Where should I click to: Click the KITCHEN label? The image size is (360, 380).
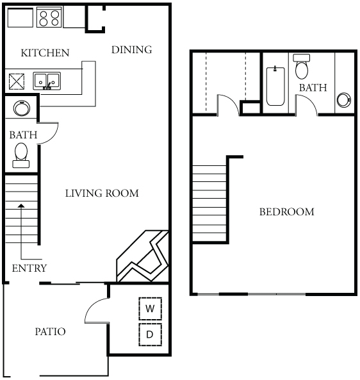[x=45, y=53]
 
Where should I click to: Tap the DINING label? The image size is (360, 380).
[x=132, y=50]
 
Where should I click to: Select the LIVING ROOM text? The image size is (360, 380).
[x=102, y=194]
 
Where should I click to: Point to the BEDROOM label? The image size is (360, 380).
[x=287, y=212]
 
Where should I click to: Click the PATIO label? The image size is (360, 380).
[x=51, y=331]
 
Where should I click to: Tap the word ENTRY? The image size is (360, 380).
[x=29, y=268]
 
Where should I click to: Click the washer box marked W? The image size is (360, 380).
[x=150, y=308]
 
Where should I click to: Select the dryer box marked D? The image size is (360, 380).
[x=150, y=335]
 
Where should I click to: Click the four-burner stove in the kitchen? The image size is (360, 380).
[x=49, y=17]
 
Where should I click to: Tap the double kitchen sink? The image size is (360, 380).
[x=47, y=81]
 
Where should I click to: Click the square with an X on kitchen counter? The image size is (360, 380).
[x=17, y=81]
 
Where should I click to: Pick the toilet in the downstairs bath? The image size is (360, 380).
[x=21, y=155]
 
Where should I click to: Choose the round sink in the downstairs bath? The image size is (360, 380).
[x=22, y=108]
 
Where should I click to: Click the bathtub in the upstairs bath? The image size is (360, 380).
[x=275, y=86]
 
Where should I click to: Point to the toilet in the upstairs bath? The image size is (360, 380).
[x=302, y=67]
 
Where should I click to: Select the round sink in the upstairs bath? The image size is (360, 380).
[x=344, y=99]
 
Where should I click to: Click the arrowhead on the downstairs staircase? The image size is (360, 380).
[x=22, y=206]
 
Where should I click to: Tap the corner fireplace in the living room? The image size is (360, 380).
[x=143, y=256]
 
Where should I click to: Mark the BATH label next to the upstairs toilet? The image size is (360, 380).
[x=313, y=88]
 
